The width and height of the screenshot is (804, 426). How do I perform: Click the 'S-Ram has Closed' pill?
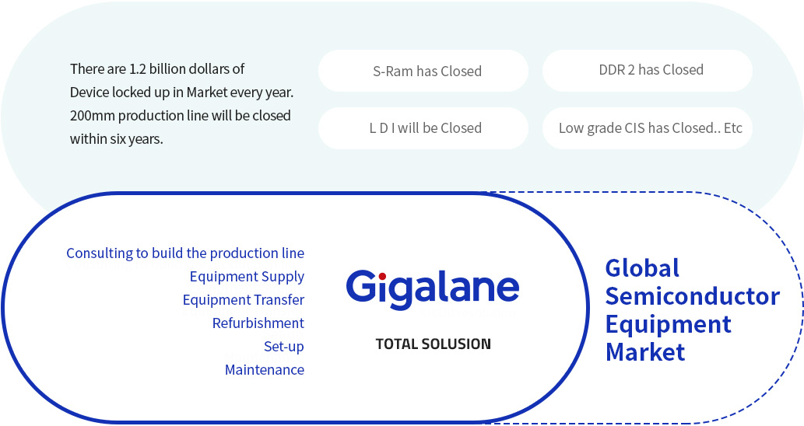click(423, 71)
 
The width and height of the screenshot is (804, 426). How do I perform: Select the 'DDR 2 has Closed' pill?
click(647, 71)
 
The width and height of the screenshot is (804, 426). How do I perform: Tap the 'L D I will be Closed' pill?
click(423, 128)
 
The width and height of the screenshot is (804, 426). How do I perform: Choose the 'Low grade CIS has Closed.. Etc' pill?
click(647, 128)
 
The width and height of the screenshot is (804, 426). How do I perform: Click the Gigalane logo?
click(433, 289)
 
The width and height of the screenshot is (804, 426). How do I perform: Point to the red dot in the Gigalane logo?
click(382, 277)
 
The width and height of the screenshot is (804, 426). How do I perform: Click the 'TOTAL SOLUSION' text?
click(434, 344)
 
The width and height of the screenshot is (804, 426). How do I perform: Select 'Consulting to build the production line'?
click(185, 253)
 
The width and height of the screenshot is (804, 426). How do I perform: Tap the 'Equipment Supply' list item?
click(248, 277)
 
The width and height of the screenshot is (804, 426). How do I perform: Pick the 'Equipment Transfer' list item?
click(244, 300)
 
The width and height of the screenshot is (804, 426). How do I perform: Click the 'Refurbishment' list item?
click(258, 323)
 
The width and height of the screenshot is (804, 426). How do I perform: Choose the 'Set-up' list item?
click(284, 347)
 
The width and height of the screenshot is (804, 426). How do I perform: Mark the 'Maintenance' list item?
click(265, 370)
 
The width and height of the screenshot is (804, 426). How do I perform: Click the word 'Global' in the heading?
click(642, 268)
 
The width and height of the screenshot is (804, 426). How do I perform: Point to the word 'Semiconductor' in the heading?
click(693, 296)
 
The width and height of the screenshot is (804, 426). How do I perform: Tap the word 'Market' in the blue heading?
click(645, 352)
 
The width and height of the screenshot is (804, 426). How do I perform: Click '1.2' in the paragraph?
click(138, 69)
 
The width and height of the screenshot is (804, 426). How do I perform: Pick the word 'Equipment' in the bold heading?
click(669, 325)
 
